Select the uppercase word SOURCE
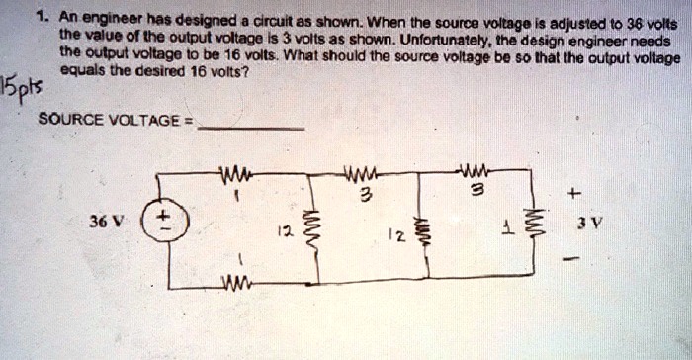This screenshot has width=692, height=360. pyautogui.click(x=67, y=121)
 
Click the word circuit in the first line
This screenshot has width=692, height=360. pyautogui.click(x=274, y=17)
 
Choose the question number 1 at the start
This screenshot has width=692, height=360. pyautogui.click(x=39, y=17)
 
